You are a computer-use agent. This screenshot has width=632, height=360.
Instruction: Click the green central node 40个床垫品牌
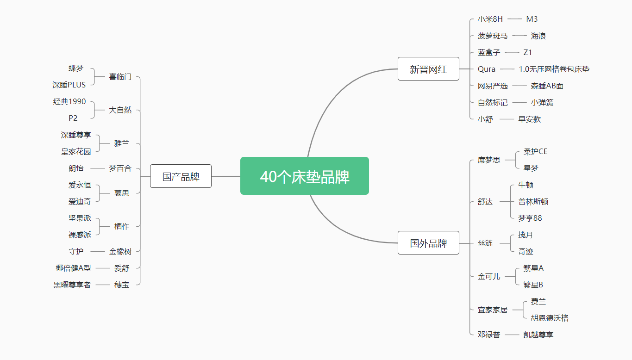coord(305,176)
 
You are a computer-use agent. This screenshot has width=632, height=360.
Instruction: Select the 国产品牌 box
coord(181,176)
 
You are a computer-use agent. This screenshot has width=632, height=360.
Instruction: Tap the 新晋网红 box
coord(428,69)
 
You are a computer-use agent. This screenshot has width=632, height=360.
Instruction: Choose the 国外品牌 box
coord(428,243)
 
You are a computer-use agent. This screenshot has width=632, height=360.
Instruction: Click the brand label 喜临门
coord(120,77)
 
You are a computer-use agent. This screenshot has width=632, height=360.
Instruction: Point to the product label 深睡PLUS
coord(69,85)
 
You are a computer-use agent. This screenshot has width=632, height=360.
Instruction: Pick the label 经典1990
coord(69,101)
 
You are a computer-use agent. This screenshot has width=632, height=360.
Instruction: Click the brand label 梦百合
coord(120,168)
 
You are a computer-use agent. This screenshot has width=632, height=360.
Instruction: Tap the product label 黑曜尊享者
coord(72,285)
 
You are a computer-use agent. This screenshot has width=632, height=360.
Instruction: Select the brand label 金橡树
coord(120,251)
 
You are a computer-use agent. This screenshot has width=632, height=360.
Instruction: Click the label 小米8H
coord(490,19)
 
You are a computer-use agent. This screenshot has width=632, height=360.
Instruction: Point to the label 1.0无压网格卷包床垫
coord(554,69)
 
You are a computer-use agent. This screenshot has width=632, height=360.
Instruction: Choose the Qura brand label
coord(487,69)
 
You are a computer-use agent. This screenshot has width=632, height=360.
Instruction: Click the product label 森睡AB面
coord(547,86)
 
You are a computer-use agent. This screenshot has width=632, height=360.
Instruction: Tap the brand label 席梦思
coord(489,160)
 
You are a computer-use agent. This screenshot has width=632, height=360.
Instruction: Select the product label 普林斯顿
coord(533,202)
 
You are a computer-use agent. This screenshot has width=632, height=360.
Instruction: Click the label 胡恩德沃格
coord(550,318)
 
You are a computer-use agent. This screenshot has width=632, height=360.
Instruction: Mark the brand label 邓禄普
coord(489,335)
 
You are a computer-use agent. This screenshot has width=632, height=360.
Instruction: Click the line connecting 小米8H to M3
coord(514,19)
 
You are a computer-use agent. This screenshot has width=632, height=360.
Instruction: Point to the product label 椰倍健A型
coord(73,268)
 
